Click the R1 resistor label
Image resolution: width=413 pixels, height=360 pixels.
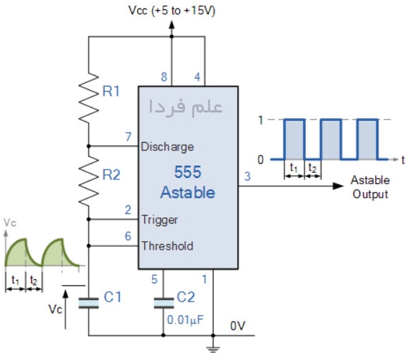[111, 91]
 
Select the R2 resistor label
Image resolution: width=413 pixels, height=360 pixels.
[111, 175]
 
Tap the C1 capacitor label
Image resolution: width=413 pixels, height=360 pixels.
[113, 297]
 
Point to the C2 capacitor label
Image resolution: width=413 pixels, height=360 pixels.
[186, 297]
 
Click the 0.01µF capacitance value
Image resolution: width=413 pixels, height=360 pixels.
[186, 320]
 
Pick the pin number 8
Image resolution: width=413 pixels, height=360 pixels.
[164, 77]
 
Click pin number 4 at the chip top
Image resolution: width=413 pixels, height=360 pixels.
[197, 77]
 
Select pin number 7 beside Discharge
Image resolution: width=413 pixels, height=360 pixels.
[128, 137]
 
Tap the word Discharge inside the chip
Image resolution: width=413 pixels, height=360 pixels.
[167, 147]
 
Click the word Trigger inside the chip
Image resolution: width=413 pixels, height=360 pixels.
[159, 220]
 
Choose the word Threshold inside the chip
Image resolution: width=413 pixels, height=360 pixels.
[167, 246]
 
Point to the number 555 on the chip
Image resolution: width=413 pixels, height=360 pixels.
[188, 172]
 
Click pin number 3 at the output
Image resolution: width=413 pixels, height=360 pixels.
[248, 176]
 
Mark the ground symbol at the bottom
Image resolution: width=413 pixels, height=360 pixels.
[212, 349]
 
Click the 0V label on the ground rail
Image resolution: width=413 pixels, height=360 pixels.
[238, 326]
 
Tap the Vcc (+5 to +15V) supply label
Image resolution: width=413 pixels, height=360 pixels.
[172, 11]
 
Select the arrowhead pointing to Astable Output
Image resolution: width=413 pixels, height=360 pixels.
[338, 186]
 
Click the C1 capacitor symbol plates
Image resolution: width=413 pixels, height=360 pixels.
[89, 303]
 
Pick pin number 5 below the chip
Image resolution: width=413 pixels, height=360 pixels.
[154, 279]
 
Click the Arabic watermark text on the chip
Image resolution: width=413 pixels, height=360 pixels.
[186, 107]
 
